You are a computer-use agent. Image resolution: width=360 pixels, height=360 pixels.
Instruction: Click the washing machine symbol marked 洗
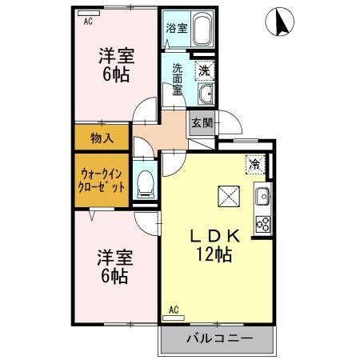204,70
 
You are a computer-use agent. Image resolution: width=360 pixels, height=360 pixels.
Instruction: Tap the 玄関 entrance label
201,123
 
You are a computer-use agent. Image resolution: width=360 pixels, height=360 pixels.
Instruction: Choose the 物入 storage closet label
102,138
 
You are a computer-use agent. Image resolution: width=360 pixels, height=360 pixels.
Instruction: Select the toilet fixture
146,182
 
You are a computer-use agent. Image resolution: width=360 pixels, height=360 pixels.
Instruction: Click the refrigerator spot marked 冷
254,165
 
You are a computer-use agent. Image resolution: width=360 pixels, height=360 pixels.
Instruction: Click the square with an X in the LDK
228,196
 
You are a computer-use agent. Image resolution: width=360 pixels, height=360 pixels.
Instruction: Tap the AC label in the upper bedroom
88,22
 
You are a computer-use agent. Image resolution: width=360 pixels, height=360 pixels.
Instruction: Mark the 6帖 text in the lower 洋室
114,276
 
